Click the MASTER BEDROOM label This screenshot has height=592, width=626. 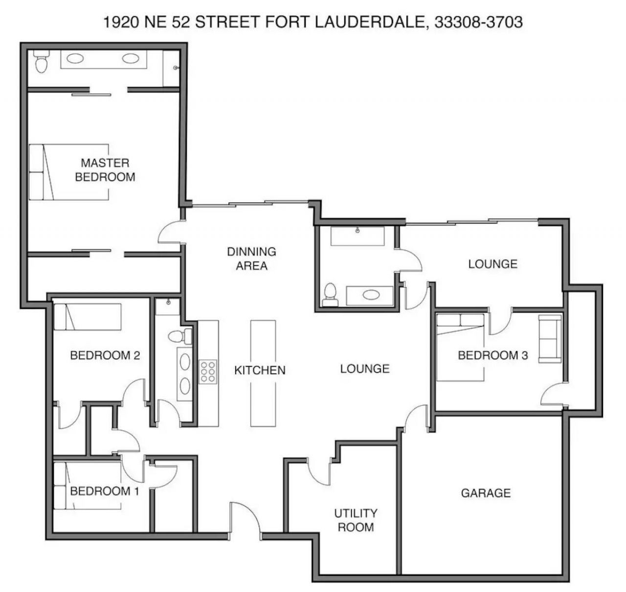(105, 169)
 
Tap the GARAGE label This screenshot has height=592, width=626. (486, 493)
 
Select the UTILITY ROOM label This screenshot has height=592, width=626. (356, 520)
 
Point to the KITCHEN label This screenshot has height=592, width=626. (260, 370)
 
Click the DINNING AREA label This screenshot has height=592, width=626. (251, 258)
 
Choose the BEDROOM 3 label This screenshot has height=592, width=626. (492, 355)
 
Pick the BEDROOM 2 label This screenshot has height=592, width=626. (105, 355)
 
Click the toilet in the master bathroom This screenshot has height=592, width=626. (41, 62)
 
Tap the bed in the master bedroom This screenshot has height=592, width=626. (68, 171)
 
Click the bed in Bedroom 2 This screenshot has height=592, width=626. (88, 317)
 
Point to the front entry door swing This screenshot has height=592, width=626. (245, 520)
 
